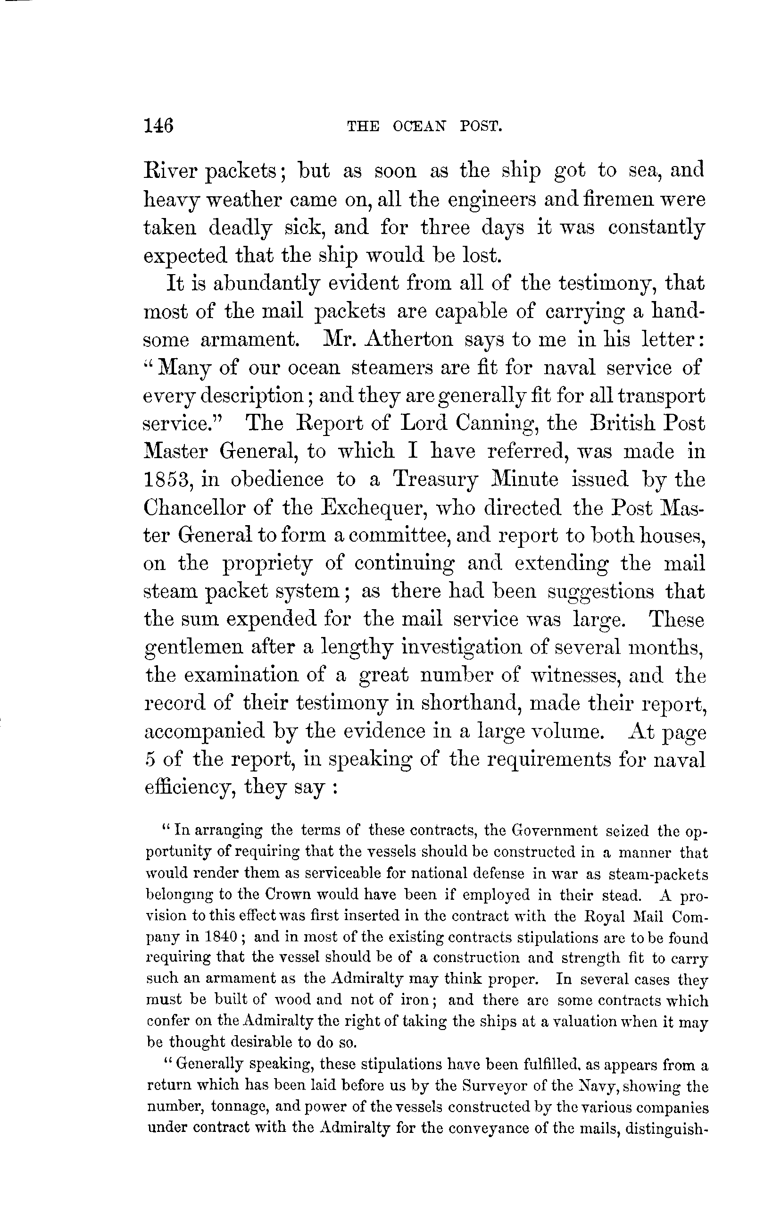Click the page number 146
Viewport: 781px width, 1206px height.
(x=158, y=125)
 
